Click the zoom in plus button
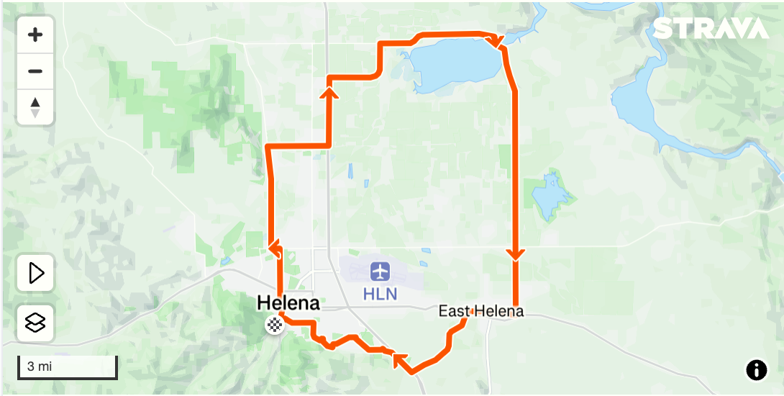pyautogui.click(x=35, y=35)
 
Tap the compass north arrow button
pyautogui.click(x=35, y=107)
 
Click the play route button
pyautogui.click(x=35, y=274)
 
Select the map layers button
pyautogui.click(x=35, y=323)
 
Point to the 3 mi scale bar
pyautogui.click(x=67, y=367)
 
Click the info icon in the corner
pyautogui.click(x=756, y=370)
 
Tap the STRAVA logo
pyautogui.click(x=711, y=29)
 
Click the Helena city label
pyautogui.click(x=288, y=304)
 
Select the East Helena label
pyautogui.click(x=481, y=312)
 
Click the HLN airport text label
pyautogui.click(x=380, y=294)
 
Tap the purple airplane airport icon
pyautogui.click(x=380, y=272)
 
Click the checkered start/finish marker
pyautogui.click(x=275, y=325)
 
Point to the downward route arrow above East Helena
pyautogui.click(x=515, y=254)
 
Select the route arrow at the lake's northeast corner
pyautogui.click(x=494, y=41)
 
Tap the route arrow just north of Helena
pyautogui.click(x=274, y=248)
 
